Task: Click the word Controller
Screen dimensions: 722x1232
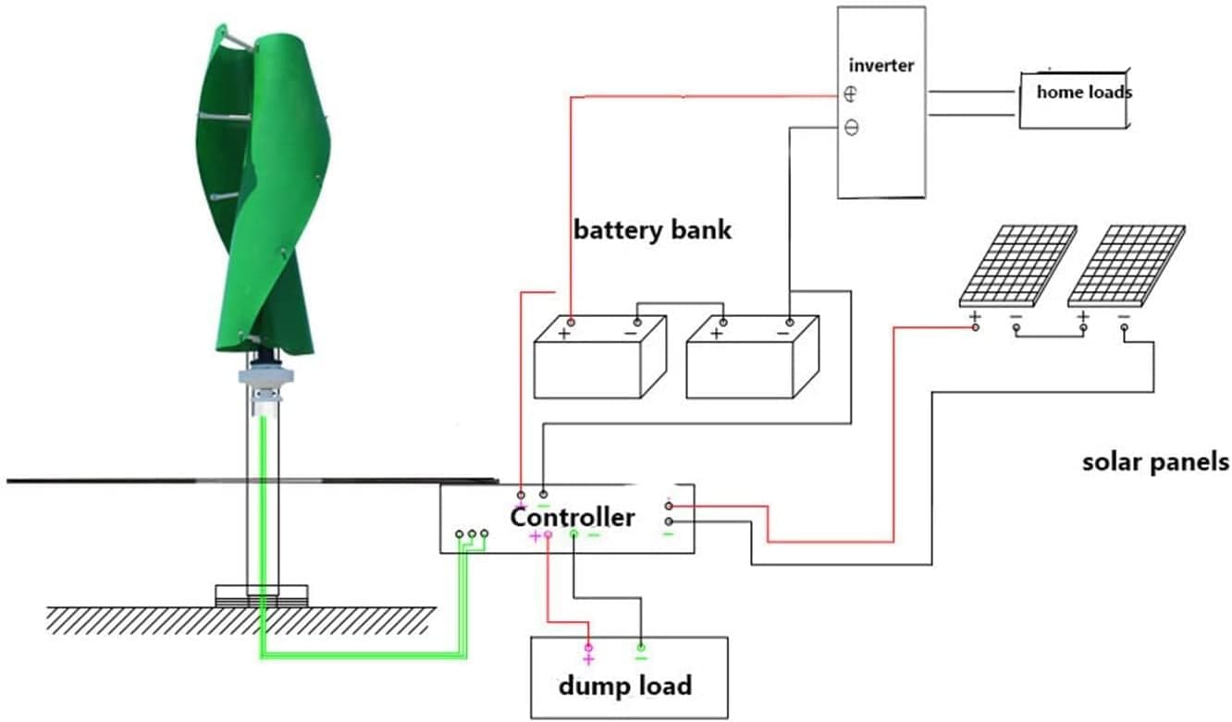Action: [573, 518]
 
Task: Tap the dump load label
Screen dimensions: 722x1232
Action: [624, 686]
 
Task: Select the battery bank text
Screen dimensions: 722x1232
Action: [652, 229]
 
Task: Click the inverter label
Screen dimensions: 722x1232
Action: [881, 66]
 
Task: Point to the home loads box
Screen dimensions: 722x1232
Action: [1074, 98]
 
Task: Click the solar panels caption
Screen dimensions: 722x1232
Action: [1155, 461]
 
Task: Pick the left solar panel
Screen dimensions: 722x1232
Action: [1017, 265]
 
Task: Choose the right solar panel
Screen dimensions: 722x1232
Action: [1126, 265]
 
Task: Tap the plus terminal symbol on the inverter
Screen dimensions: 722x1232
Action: [851, 94]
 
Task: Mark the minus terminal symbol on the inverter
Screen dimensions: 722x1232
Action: [851, 128]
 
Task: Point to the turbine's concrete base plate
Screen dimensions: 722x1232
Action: [262, 595]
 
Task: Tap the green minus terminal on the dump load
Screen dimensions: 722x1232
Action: [641, 650]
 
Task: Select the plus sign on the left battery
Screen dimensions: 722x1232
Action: [563, 334]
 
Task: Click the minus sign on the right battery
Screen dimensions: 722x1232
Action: [782, 333]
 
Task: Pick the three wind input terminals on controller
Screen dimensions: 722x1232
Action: [471, 534]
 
